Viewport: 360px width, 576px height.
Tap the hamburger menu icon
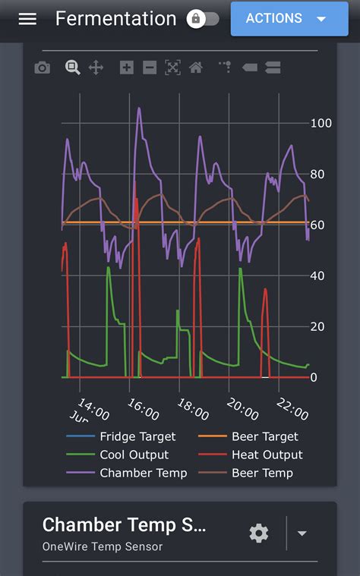(x=27, y=19)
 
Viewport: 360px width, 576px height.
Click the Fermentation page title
(x=115, y=19)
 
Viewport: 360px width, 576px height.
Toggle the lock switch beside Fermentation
(x=203, y=19)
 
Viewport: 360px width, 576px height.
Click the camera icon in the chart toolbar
(x=43, y=68)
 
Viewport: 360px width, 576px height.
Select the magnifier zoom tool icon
(x=72, y=68)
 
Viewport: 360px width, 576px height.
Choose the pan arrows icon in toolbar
(x=96, y=68)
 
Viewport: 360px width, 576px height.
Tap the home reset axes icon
(x=196, y=68)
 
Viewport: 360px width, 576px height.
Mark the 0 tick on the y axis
(x=313, y=377)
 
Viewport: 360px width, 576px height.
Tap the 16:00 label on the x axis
(x=143, y=410)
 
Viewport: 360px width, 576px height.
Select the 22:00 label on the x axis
(x=292, y=410)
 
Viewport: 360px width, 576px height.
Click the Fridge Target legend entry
(x=137, y=436)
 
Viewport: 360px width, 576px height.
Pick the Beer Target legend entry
(x=264, y=436)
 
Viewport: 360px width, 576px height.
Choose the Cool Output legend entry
(x=134, y=455)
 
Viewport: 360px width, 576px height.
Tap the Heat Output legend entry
(x=266, y=455)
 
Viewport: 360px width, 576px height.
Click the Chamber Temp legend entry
(x=143, y=473)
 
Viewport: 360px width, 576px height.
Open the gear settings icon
(x=259, y=534)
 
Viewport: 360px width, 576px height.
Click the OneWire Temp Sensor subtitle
(x=102, y=546)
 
